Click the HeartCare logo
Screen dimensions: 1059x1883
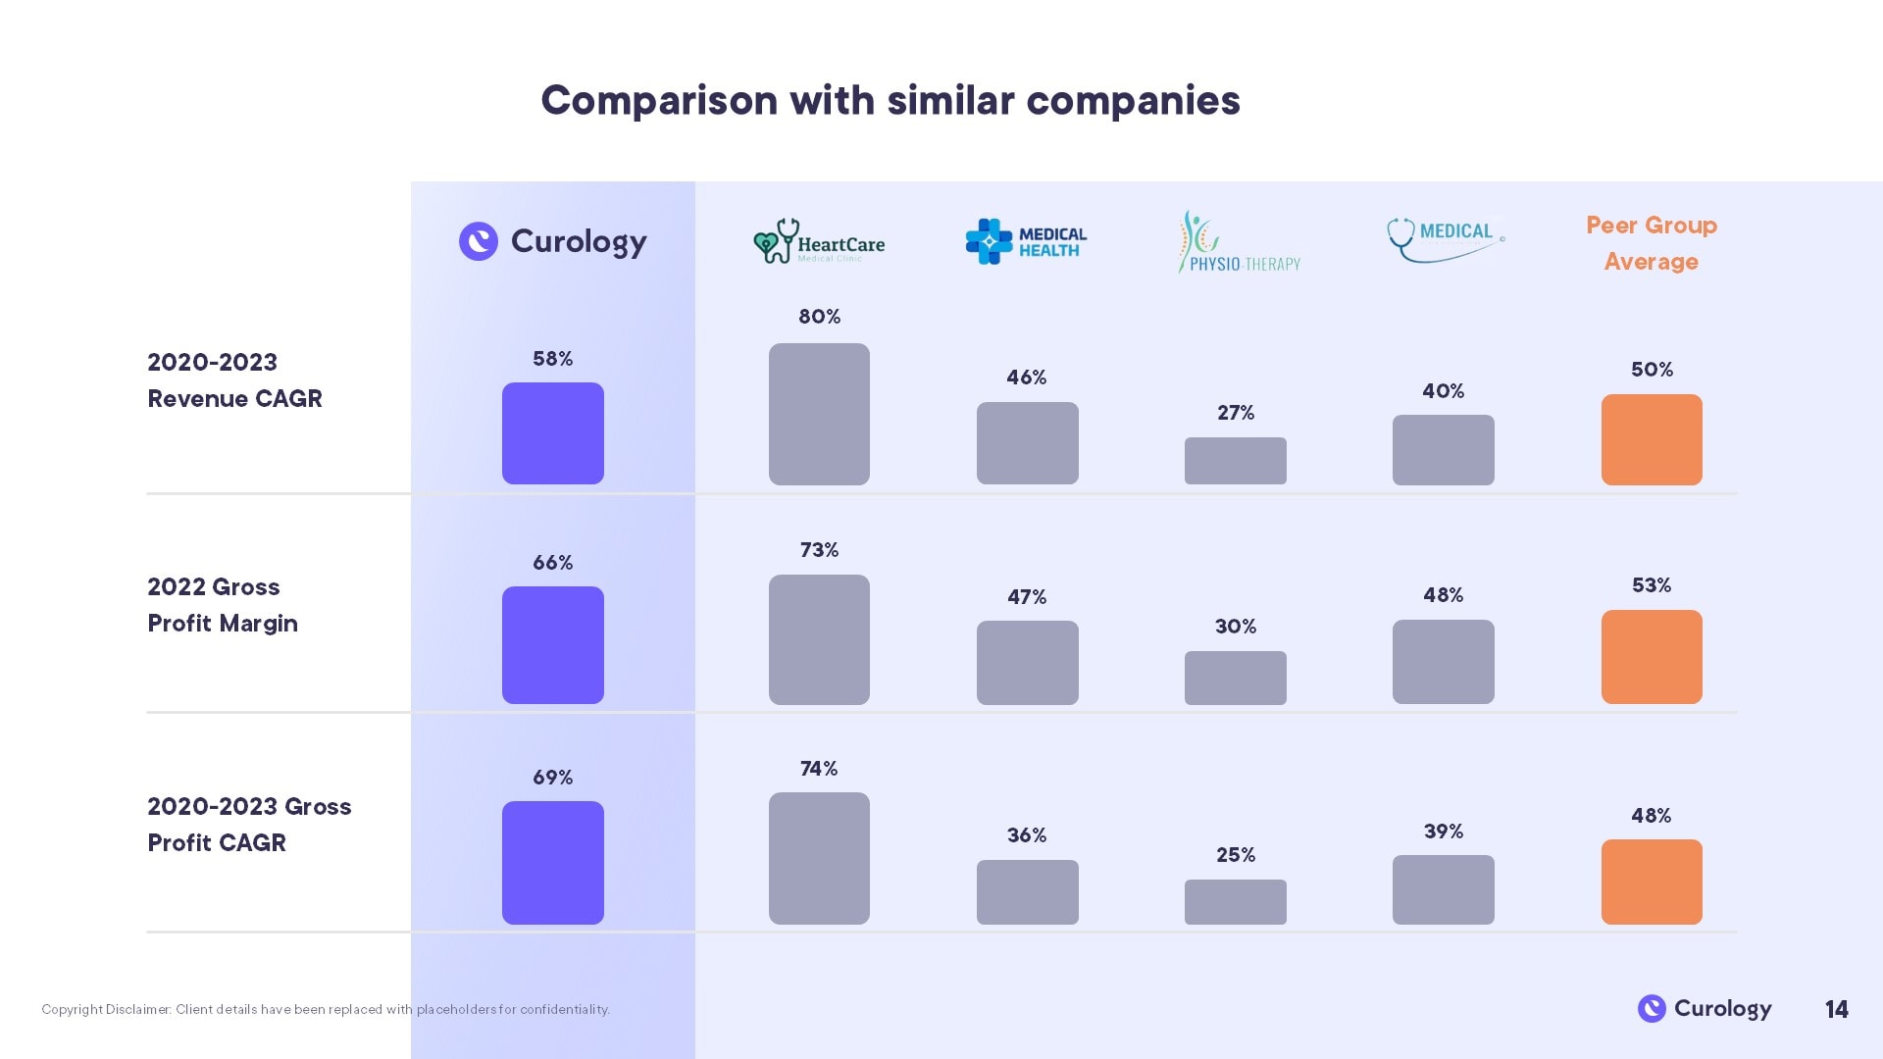tap(819, 241)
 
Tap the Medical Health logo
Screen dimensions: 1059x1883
tap(1026, 241)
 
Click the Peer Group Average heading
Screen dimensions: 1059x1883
tap(1652, 243)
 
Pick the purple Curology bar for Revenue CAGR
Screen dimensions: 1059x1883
tap(553, 433)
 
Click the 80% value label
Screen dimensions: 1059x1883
tap(819, 317)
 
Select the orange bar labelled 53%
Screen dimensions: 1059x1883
tap(1652, 657)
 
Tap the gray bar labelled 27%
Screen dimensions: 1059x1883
tap(1235, 461)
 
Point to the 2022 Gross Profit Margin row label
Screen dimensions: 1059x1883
tap(223, 605)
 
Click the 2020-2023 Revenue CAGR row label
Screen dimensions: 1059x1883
tap(234, 380)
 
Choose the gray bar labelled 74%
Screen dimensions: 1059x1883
tap(819, 858)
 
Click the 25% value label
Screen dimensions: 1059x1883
tap(1235, 855)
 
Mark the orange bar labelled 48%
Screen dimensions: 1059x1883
tap(1652, 882)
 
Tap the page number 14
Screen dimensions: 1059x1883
tap(1836, 1009)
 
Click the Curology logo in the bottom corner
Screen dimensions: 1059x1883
tap(1705, 1008)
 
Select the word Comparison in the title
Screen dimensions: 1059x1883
tap(659, 101)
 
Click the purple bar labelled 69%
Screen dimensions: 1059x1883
tap(553, 863)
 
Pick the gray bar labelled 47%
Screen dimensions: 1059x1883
tap(1027, 663)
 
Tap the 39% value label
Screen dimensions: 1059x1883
tap(1443, 832)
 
